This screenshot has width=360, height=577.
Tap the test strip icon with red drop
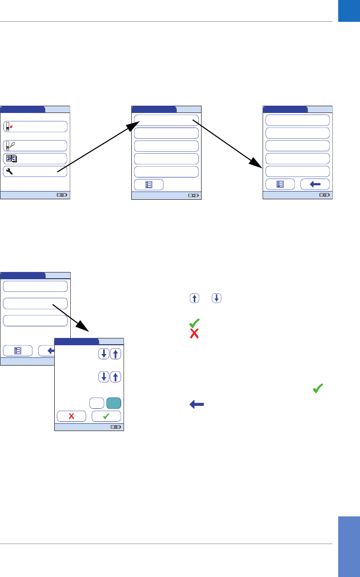click(9, 127)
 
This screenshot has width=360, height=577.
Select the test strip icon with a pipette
click(9, 145)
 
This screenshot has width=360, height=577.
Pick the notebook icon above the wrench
click(10, 159)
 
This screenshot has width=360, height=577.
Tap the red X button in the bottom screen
click(71, 416)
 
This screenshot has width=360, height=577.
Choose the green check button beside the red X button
click(106, 416)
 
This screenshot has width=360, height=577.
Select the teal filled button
click(113, 403)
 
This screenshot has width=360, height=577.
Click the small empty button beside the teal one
click(96, 403)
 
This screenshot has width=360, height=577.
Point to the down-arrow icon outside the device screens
click(216, 298)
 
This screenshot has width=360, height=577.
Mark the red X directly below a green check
click(194, 334)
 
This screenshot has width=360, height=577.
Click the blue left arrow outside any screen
click(194, 404)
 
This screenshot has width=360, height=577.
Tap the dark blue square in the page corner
click(349, 11)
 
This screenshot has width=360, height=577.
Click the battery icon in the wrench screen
click(63, 195)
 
